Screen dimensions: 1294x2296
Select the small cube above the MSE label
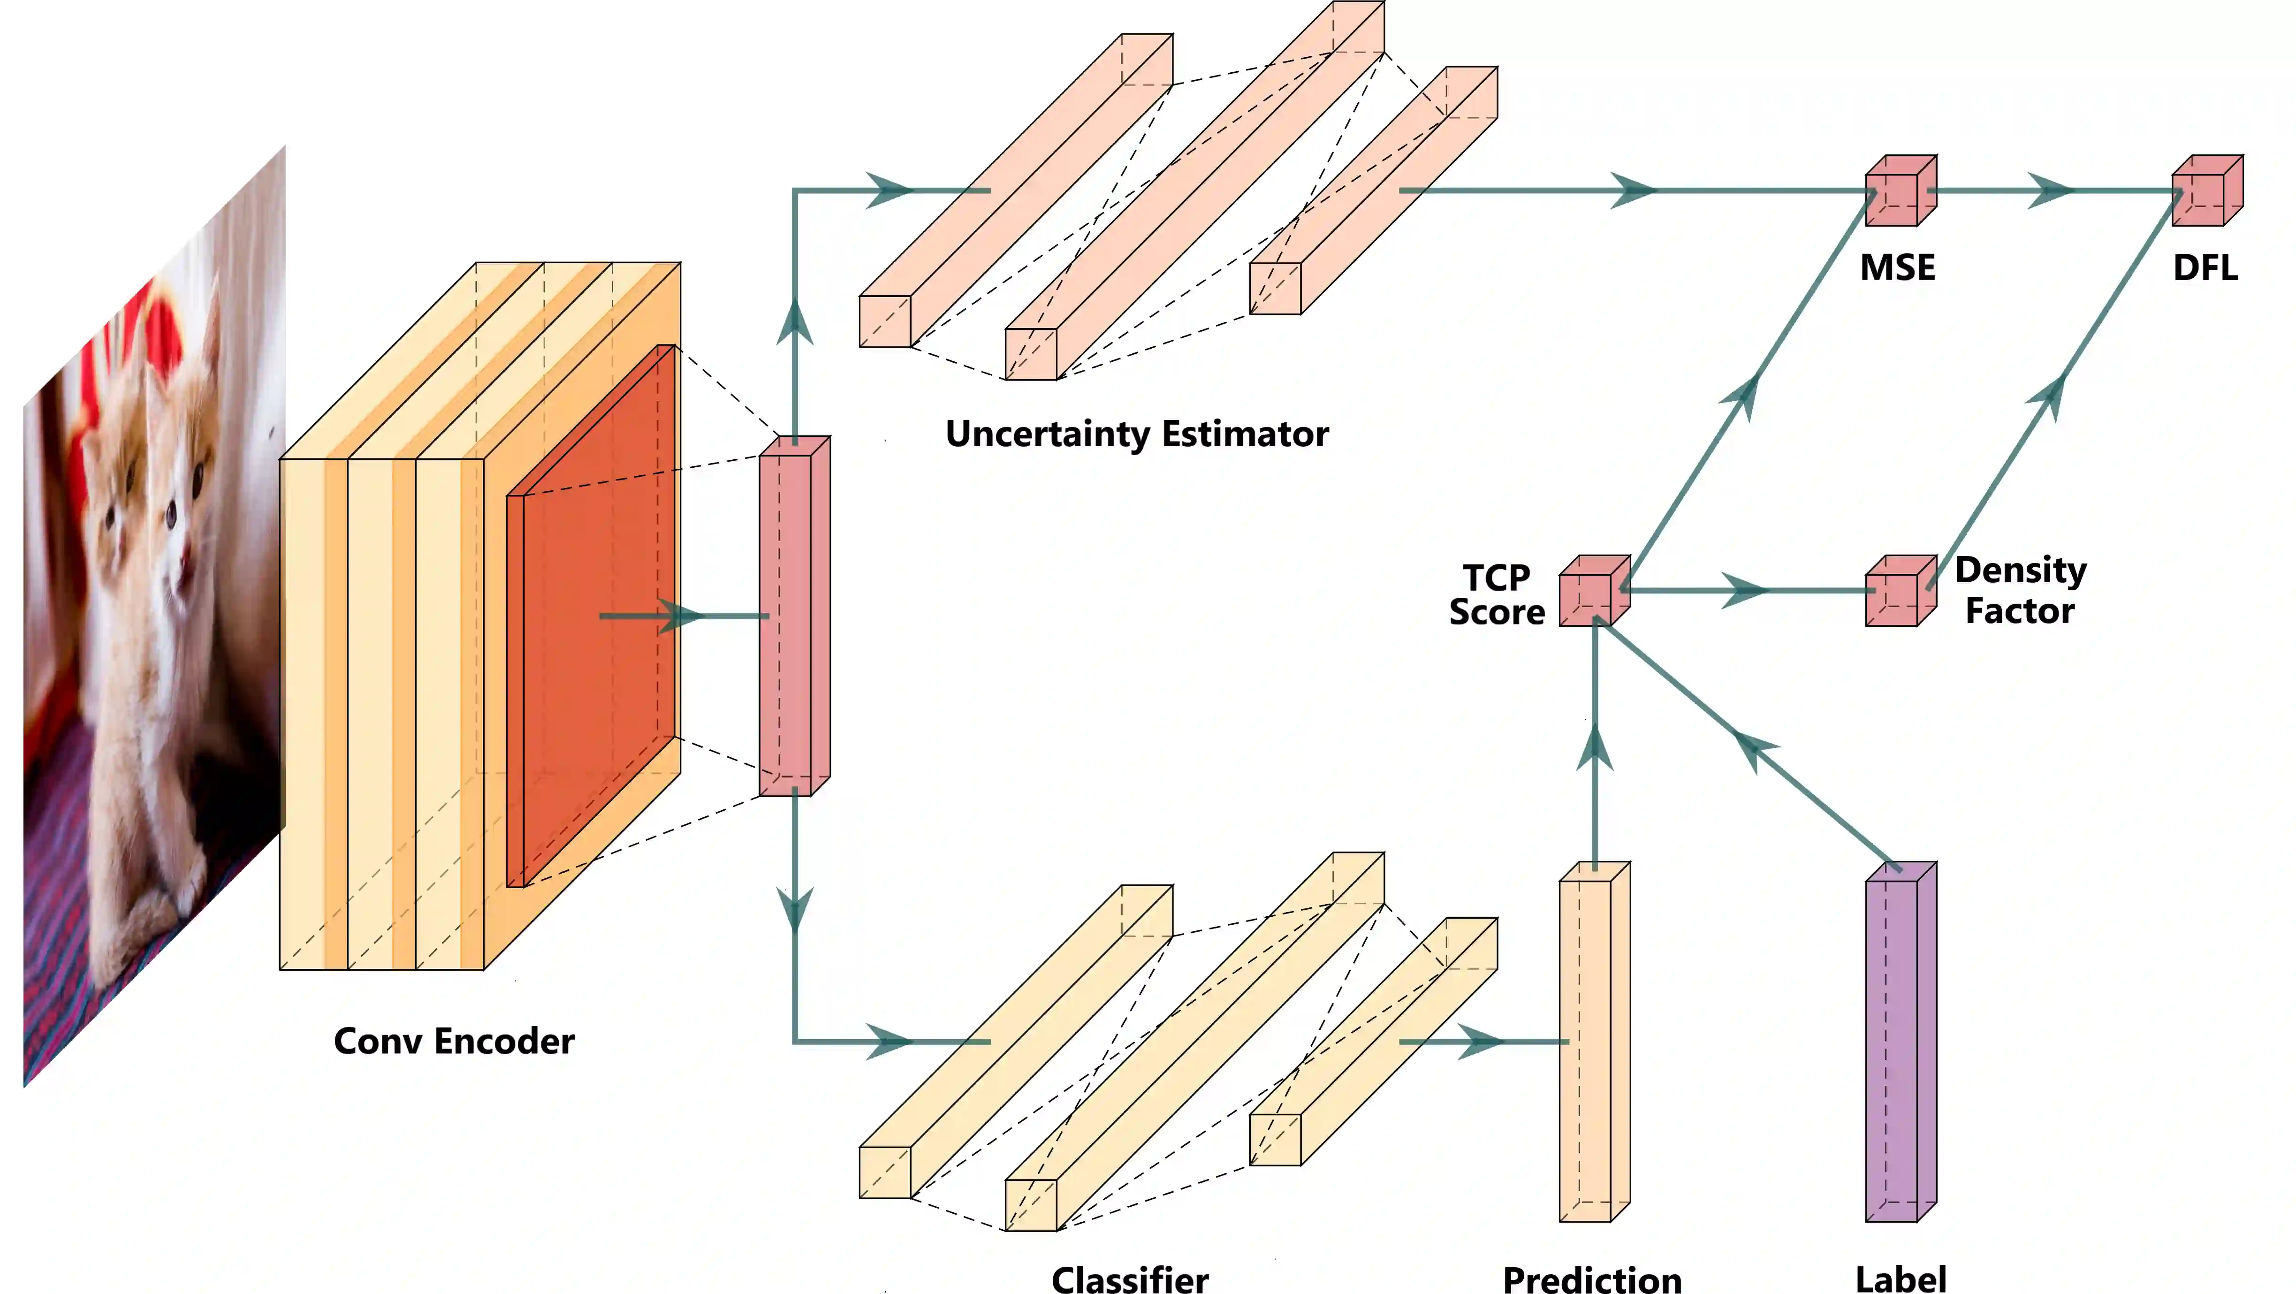[1900, 191]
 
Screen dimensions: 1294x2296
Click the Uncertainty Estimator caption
[1136, 434]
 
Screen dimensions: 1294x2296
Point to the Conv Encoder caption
[454, 1041]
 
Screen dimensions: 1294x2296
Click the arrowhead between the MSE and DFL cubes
[2050, 190]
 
